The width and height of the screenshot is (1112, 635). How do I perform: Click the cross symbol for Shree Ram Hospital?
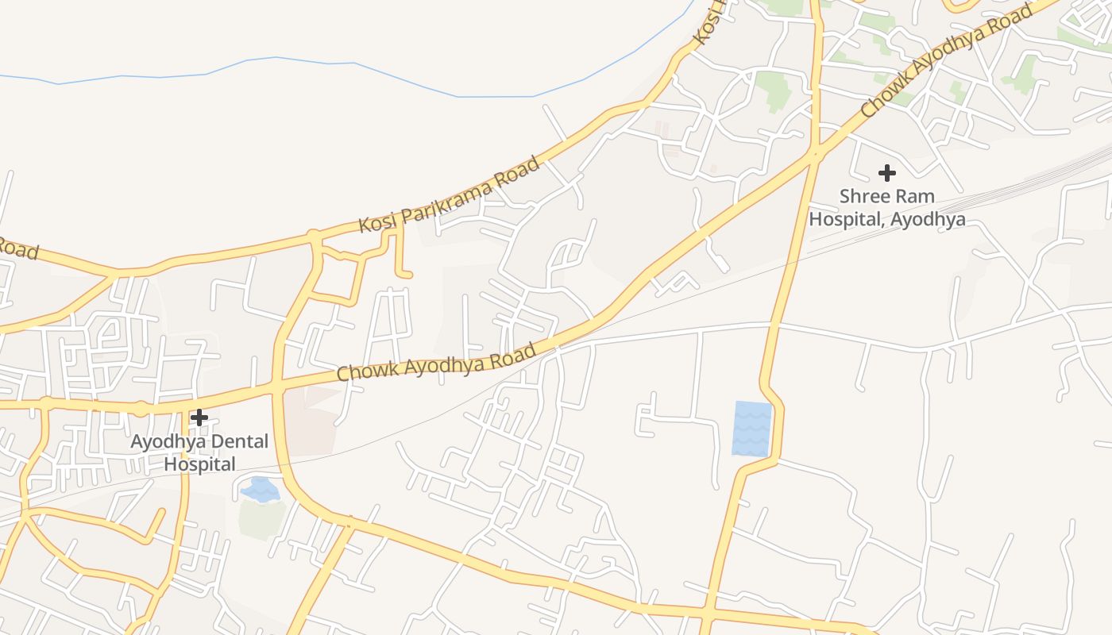click(886, 172)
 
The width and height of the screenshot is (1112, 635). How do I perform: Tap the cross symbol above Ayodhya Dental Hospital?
click(199, 417)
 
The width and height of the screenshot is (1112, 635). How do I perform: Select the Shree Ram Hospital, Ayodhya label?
click(887, 207)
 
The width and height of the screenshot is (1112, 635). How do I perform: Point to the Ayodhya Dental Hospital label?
click(199, 452)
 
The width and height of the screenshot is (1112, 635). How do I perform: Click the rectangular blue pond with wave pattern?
click(751, 429)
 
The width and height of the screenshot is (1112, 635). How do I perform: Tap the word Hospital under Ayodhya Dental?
click(199, 464)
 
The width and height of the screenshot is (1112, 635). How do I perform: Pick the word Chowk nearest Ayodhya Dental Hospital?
click(366, 369)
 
